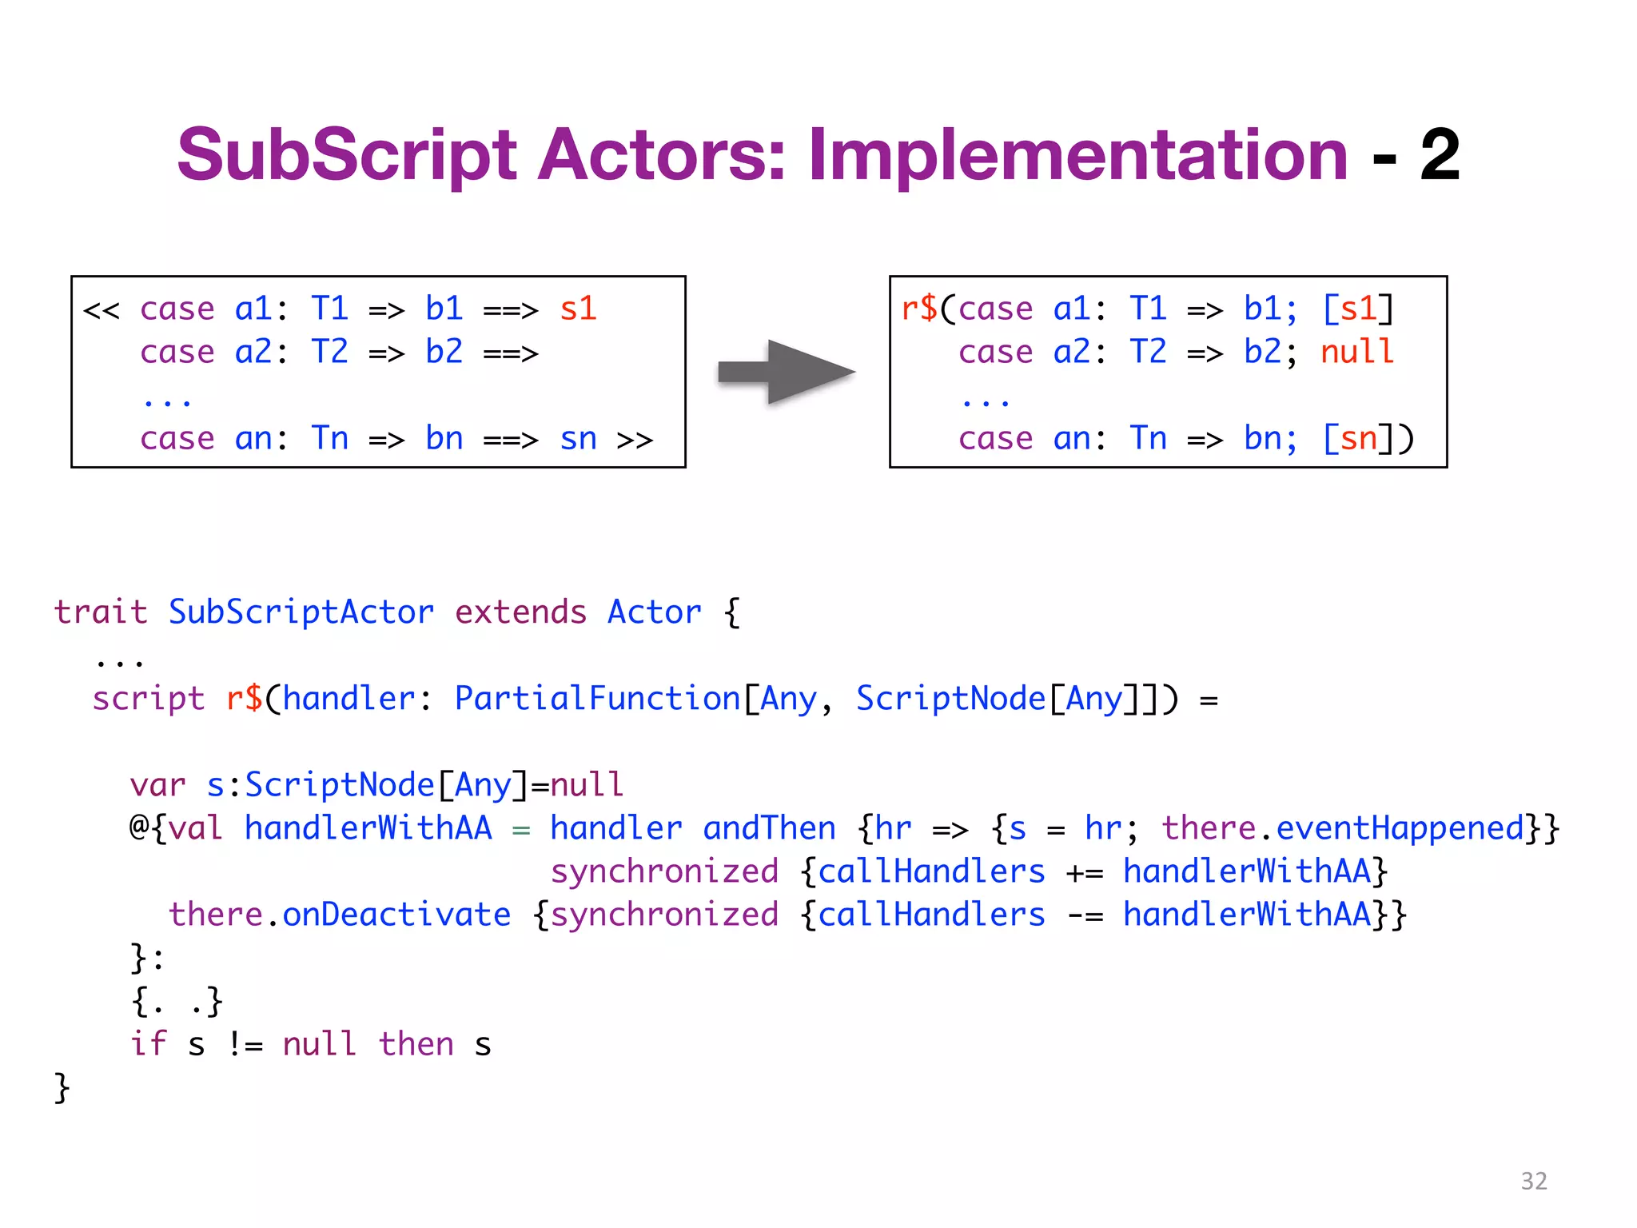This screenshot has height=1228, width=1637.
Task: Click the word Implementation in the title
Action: point(1078,155)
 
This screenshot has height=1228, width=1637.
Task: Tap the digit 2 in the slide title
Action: point(1440,155)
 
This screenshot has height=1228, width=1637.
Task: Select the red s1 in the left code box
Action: point(578,309)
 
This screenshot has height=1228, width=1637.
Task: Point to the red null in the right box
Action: point(1356,352)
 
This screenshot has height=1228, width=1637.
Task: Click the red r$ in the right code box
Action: point(919,309)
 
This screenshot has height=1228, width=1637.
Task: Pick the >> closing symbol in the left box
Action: point(635,439)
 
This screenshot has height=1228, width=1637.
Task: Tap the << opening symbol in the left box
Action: point(102,309)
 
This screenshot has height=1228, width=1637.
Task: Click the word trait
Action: point(101,612)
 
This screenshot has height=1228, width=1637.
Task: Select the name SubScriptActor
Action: point(301,612)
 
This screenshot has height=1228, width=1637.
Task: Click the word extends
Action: point(520,612)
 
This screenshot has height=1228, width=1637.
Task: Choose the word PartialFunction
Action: point(597,699)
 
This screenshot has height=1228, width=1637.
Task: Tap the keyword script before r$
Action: point(148,699)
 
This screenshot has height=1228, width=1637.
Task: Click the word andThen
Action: point(769,828)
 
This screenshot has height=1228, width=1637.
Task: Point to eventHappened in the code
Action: point(1399,828)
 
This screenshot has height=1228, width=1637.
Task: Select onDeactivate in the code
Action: point(396,915)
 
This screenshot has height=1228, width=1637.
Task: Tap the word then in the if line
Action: point(416,1044)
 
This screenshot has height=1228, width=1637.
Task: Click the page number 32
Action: point(1533,1181)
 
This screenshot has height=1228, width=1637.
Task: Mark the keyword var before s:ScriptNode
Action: point(157,785)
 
